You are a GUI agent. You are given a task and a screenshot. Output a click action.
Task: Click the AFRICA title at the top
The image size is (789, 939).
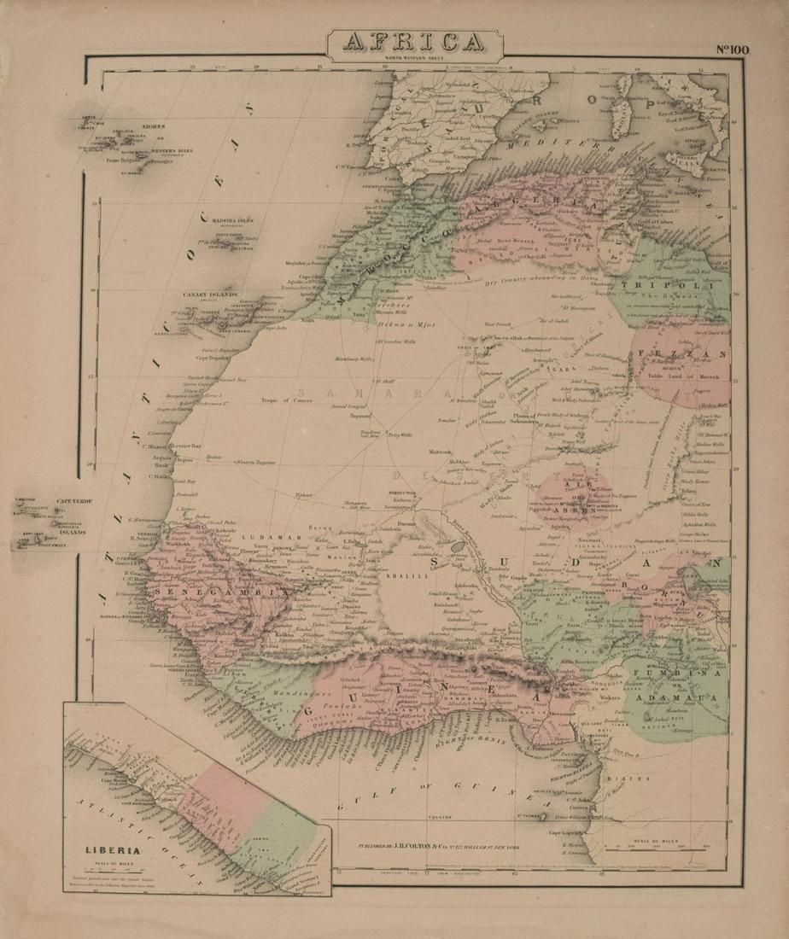click(415, 42)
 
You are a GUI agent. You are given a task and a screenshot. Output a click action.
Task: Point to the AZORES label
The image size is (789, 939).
click(154, 125)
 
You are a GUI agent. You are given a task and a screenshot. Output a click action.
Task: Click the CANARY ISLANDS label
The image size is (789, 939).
click(211, 295)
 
